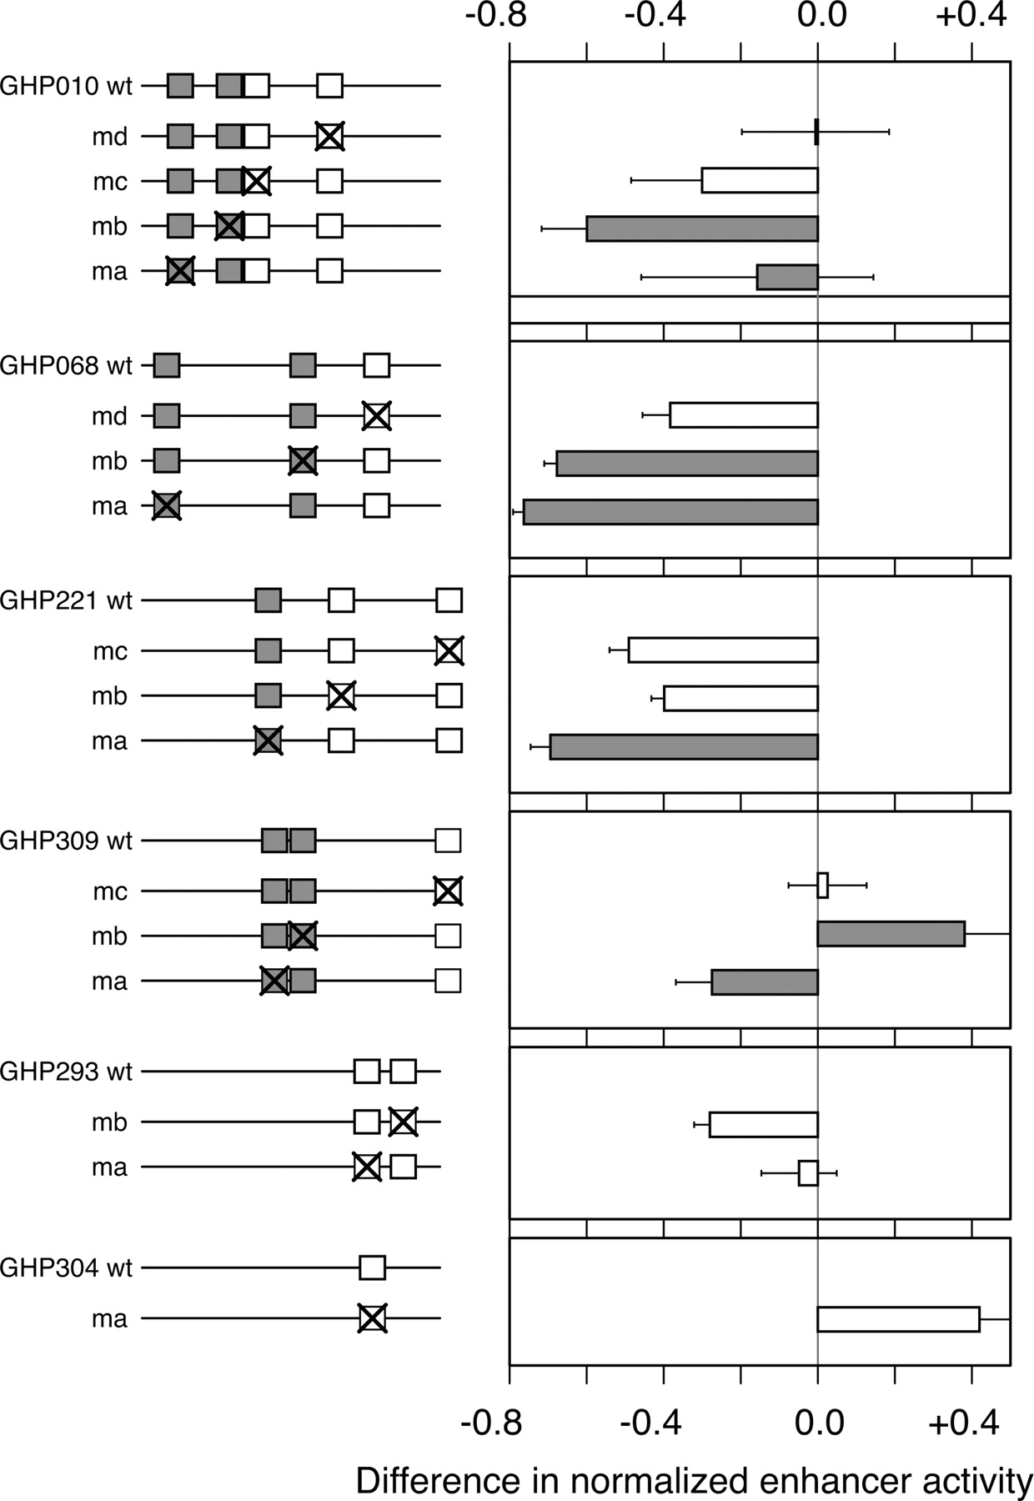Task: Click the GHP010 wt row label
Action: point(66,86)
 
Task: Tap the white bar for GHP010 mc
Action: point(760,180)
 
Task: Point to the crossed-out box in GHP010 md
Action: point(329,136)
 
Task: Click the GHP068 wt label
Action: point(66,365)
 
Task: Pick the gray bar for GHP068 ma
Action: point(670,512)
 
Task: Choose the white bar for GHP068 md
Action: point(744,414)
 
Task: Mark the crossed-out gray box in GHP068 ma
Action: point(166,506)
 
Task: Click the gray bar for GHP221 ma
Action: point(684,747)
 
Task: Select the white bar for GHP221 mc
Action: point(723,650)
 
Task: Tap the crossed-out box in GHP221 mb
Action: point(340,695)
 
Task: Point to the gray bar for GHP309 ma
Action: point(765,982)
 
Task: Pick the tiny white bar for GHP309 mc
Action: point(822,885)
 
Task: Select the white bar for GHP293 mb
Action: point(764,1124)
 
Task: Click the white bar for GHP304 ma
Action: point(898,1319)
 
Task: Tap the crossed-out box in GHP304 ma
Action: point(372,1318)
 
